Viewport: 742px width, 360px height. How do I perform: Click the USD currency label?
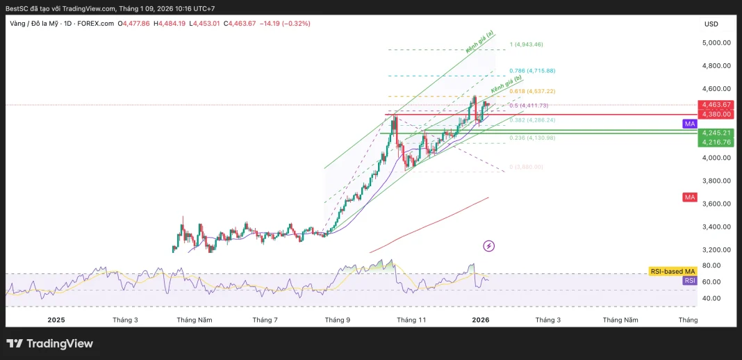(711, 24)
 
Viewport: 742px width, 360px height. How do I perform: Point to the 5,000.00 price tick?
(716, 42)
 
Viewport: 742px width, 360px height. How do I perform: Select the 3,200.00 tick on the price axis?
(716, 249)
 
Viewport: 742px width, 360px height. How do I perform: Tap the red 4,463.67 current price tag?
(716, 105)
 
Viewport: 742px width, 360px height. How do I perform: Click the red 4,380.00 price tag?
(716, 114)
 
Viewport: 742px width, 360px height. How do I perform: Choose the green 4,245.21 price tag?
(716, 133)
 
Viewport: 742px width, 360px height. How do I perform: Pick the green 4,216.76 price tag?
(716, 142)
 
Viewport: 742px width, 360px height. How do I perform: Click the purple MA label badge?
(689, 123)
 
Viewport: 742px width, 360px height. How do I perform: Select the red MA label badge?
(689, 197)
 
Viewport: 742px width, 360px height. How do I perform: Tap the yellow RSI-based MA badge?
(672, 271)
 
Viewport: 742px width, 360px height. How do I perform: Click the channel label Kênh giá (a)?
(480, 42)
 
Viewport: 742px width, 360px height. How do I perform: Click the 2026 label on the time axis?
(481, 320)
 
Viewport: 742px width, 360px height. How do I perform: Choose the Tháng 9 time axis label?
(338, 320)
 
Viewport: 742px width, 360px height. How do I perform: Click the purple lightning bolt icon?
(488, 245)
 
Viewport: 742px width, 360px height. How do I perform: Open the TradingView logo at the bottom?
(49, 343)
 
